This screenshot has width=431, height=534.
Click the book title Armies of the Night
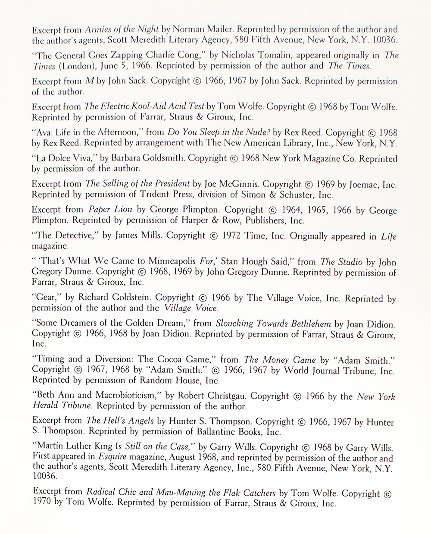122,30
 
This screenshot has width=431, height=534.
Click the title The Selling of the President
138,184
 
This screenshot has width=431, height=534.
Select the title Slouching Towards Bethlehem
273,324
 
